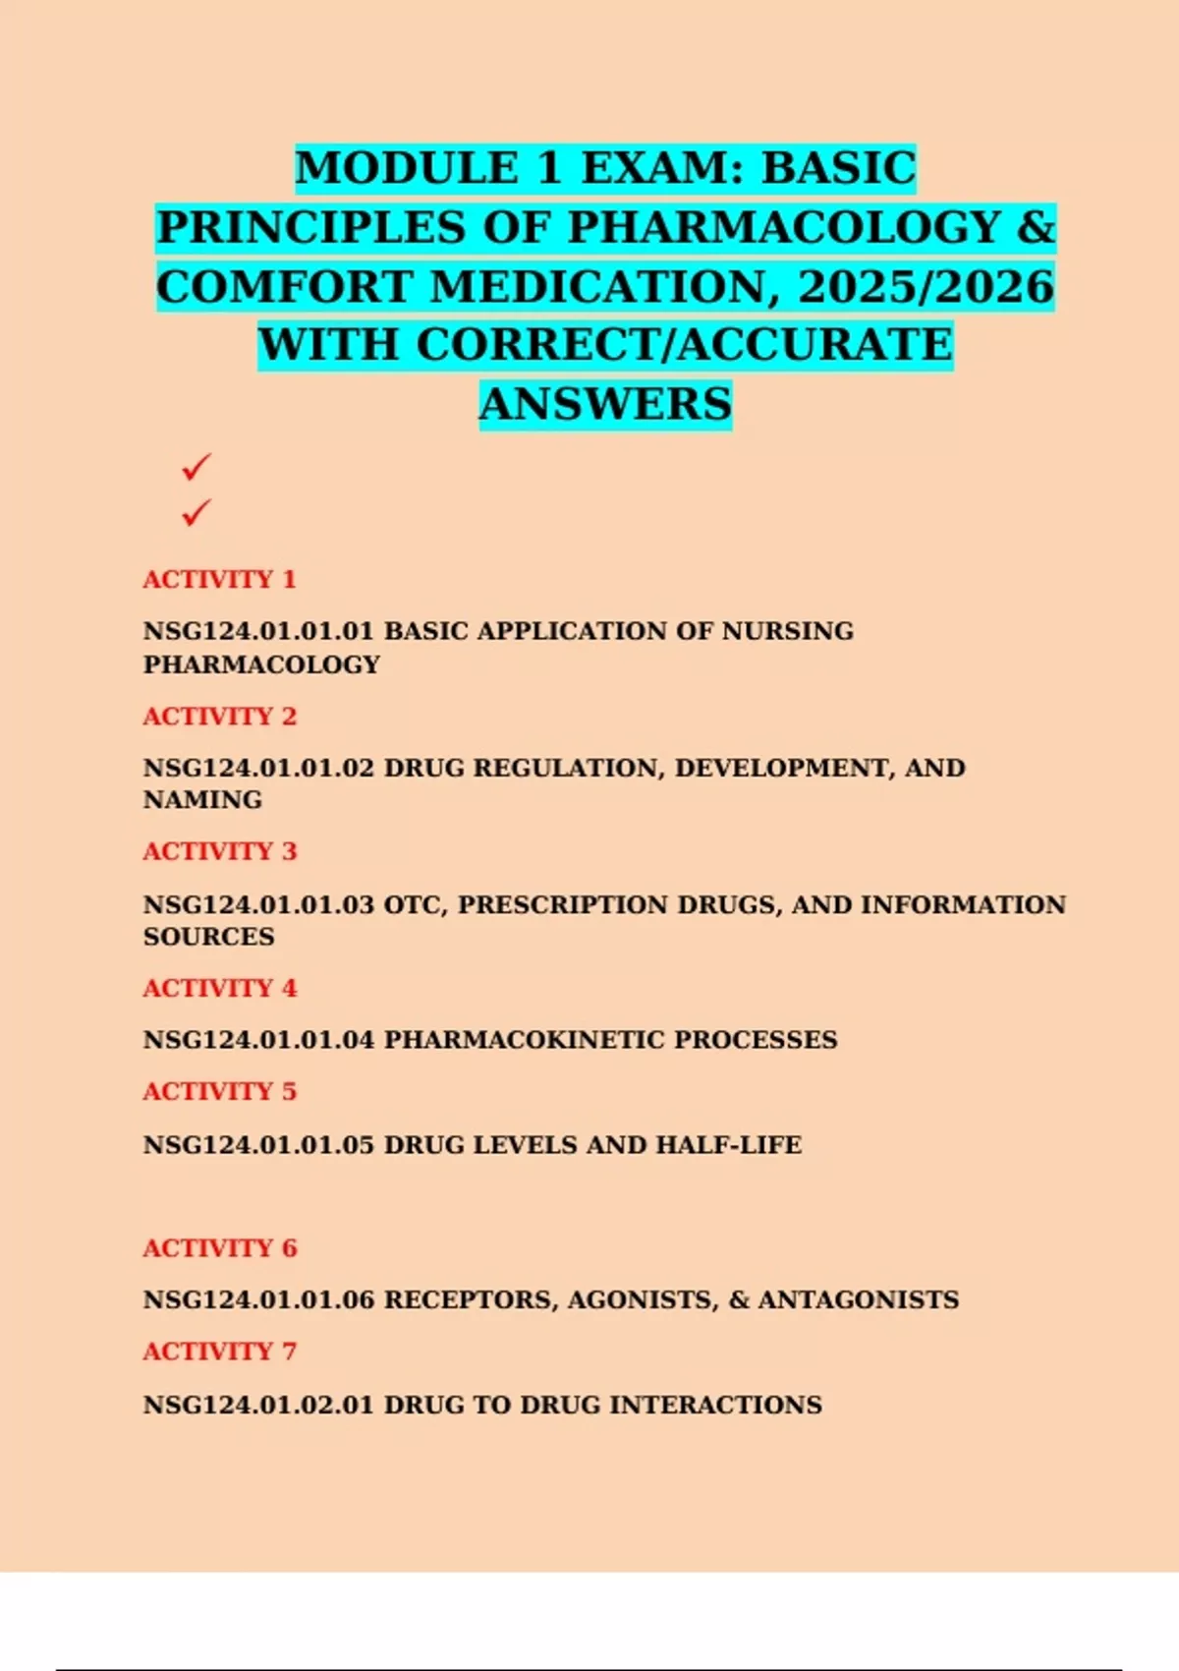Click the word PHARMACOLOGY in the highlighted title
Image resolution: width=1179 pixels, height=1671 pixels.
[784, 228]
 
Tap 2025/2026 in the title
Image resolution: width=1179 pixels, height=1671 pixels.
[926, 287]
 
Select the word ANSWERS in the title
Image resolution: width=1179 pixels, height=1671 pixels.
[605, 404]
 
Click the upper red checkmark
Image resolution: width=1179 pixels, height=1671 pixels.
[196, 467]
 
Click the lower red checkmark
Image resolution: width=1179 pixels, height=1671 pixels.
[196, 512]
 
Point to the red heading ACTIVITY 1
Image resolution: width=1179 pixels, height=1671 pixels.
[219, 579]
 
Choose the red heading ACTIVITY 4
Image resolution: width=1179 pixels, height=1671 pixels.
[219, 988]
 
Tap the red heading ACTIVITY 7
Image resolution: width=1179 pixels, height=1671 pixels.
[219, 1352]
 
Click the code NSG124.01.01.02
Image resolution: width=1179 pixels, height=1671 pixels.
[258, 768]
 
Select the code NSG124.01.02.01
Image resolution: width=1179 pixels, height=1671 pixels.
[258, 1405]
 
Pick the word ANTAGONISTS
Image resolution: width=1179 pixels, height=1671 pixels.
[858, 1299]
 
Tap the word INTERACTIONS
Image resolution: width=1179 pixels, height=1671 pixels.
[715, 1405]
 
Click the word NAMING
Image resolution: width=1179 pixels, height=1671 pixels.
[202, 800]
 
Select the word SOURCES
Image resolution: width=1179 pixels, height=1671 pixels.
[208, 937]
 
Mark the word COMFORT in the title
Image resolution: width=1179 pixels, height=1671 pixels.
[283, 287]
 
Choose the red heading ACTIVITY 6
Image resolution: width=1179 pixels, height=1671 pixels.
[219, 1248]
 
